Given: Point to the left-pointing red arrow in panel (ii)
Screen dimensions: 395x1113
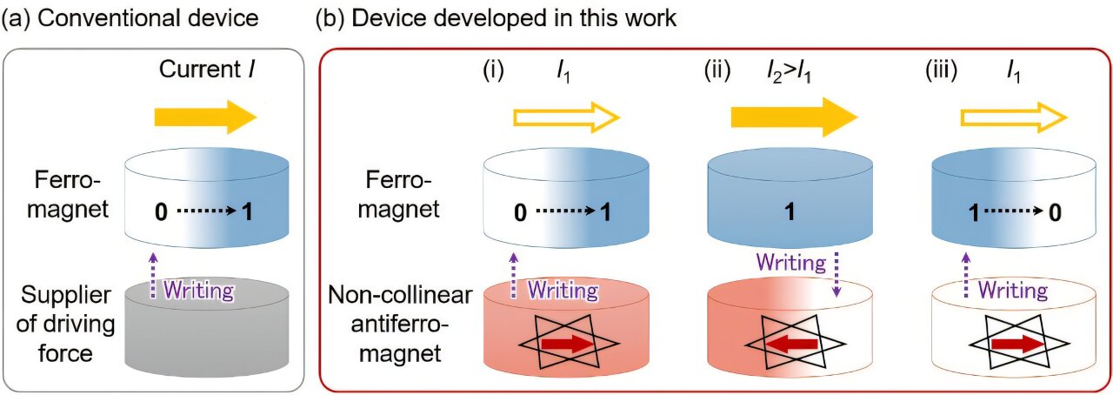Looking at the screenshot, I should (x=790, y=345).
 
